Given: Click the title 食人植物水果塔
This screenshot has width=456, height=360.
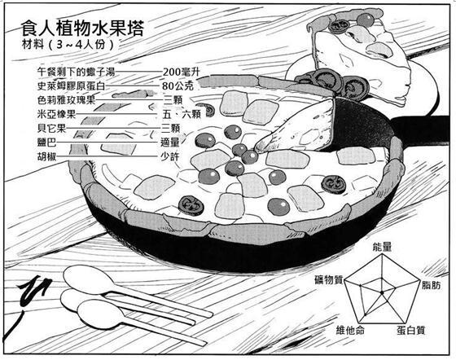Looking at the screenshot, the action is click(82, 29).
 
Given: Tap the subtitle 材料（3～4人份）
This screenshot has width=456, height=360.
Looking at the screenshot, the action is click(68, 45).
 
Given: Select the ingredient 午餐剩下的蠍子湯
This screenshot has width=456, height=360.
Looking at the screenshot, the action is click(77, 72).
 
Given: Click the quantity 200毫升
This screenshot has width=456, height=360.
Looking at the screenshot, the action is click(182, 72).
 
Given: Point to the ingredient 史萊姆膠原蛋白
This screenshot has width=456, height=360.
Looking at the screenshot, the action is click(71, 86).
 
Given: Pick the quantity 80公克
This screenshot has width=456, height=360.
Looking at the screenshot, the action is click(178, 86).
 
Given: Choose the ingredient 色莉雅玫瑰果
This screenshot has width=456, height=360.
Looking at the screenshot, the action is click(66, 100).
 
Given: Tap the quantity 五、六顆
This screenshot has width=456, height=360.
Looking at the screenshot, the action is click(182, 114).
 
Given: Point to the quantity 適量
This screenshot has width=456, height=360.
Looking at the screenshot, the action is click(170, 143).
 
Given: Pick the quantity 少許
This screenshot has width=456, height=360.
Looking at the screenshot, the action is click(170, 156).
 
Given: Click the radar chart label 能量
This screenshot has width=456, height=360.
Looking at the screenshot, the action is click(383, 247).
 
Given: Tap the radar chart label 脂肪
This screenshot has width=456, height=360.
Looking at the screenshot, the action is click(432, 285).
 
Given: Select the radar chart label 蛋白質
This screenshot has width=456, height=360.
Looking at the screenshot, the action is click(411, 330).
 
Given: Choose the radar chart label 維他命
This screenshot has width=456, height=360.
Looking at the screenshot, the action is click(350, 330).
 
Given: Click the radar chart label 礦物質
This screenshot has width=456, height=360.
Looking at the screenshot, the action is click(329, 279).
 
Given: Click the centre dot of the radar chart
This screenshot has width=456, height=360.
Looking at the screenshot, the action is click(382, 292).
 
